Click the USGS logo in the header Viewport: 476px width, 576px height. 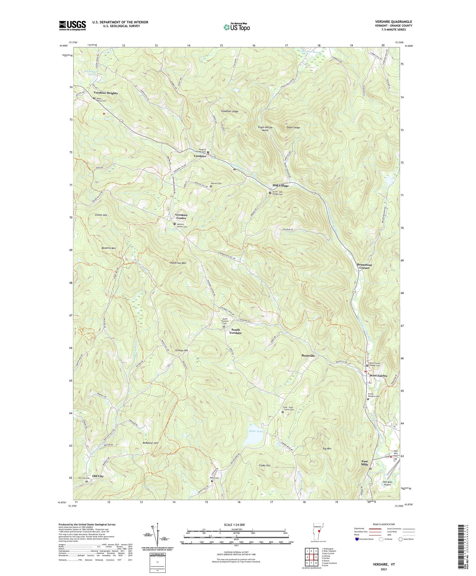pyautogui.click(x=72, y=25)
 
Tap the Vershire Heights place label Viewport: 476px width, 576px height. pyautogui.click(x=105, y=93)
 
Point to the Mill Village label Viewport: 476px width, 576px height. pyautogui.click(x=281, y=186)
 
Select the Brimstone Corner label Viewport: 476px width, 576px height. pyautogui.click(x=364, y=266)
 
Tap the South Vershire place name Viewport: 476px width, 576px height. pyautogui.click(x=236, y=331)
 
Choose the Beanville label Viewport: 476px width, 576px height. pyautogui.click(x=308, y=356)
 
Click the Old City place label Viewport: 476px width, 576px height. pyautogui.click(x=98, y=476)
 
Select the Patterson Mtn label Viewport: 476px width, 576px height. pyautogui.click(x=178, y=263)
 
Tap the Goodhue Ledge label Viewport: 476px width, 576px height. pyautogui.click(x=230, y=112)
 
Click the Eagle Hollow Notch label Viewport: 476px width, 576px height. pyautogui.click(x=265, y=129)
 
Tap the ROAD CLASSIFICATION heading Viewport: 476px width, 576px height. pyautogui.click(x=384, y=524)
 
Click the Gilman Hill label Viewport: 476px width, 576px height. pyautogui.click(x=182, y=350)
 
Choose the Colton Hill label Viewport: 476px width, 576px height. pyautogui.click(x=101, y=215)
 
